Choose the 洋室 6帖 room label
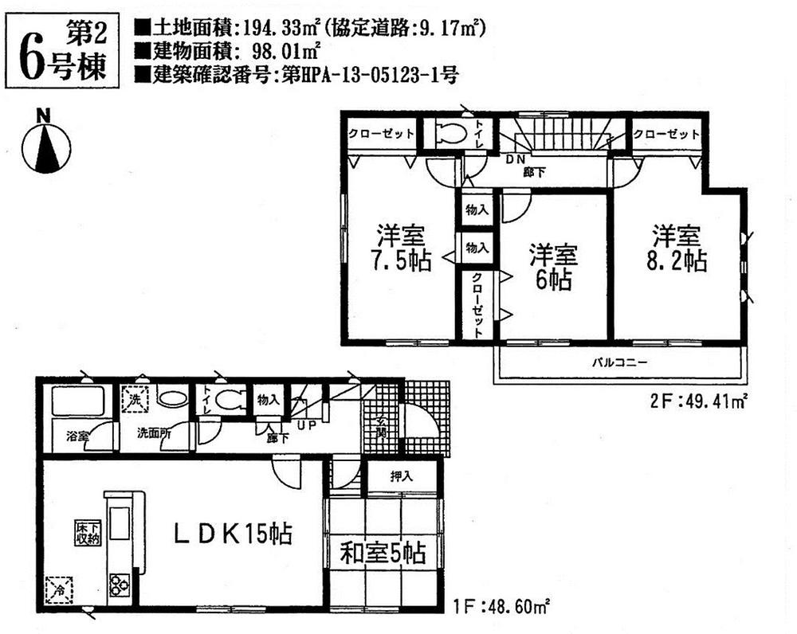coord(552,268)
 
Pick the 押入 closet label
coord(401,478)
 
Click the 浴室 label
coord(77,436)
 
